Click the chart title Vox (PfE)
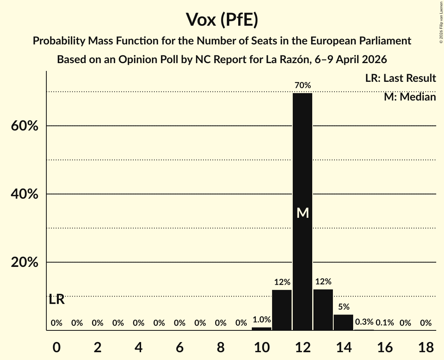click(x=222, y=19)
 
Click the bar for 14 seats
click(x=343, y=322)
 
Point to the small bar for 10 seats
click(x=262, y=329)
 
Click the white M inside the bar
click(x=302, y=213)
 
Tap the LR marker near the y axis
click(x=57, y=300)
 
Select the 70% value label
click(x=302, y=85)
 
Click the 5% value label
click(x=343, y=307)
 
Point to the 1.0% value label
click(x=262, y=320)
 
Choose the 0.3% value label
click(x=364, y=323)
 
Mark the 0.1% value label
click(x=385, y=323)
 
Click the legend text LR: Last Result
click(x=400, y=78)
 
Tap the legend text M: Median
click(x=410, y=97)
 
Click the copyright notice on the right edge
click(x=441, y=21)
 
